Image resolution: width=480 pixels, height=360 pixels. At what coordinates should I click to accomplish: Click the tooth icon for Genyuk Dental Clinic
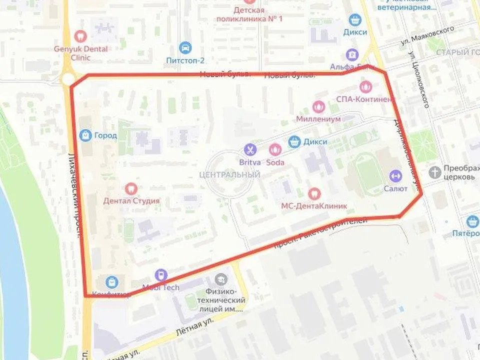coord(80,36)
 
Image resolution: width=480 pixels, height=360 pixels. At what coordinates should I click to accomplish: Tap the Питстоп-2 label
coord(185,60)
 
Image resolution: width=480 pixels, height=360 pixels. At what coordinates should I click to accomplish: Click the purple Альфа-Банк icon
coord(352,54)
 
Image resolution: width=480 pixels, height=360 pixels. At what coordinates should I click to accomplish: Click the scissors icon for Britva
coord(249,149)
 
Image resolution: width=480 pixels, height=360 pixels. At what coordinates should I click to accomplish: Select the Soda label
coord(275,162)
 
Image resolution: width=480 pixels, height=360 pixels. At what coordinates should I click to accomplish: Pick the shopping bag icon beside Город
coord(85,135)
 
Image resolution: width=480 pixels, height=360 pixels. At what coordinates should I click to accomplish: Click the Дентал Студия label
coord(131,201)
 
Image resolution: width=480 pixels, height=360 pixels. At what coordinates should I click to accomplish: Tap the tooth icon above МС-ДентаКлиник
coord(314,192)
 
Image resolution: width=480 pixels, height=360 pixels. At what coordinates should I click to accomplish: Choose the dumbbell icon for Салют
coord(395,175)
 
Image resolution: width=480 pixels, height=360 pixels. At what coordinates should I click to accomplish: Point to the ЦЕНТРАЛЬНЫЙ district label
coord(229,174)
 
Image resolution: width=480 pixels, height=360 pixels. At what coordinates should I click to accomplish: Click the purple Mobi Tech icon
coord(160,274)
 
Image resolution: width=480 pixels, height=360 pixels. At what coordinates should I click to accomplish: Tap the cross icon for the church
coord(435,172)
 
